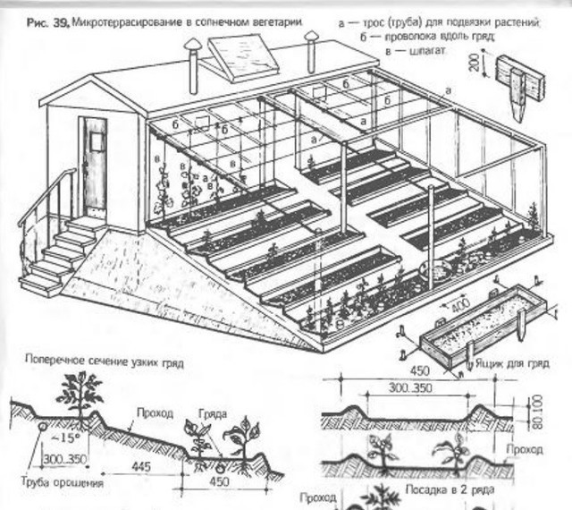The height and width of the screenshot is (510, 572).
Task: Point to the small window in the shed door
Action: [x=95, y=135]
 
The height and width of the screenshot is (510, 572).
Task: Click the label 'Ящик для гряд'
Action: [x=516, y=364]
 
